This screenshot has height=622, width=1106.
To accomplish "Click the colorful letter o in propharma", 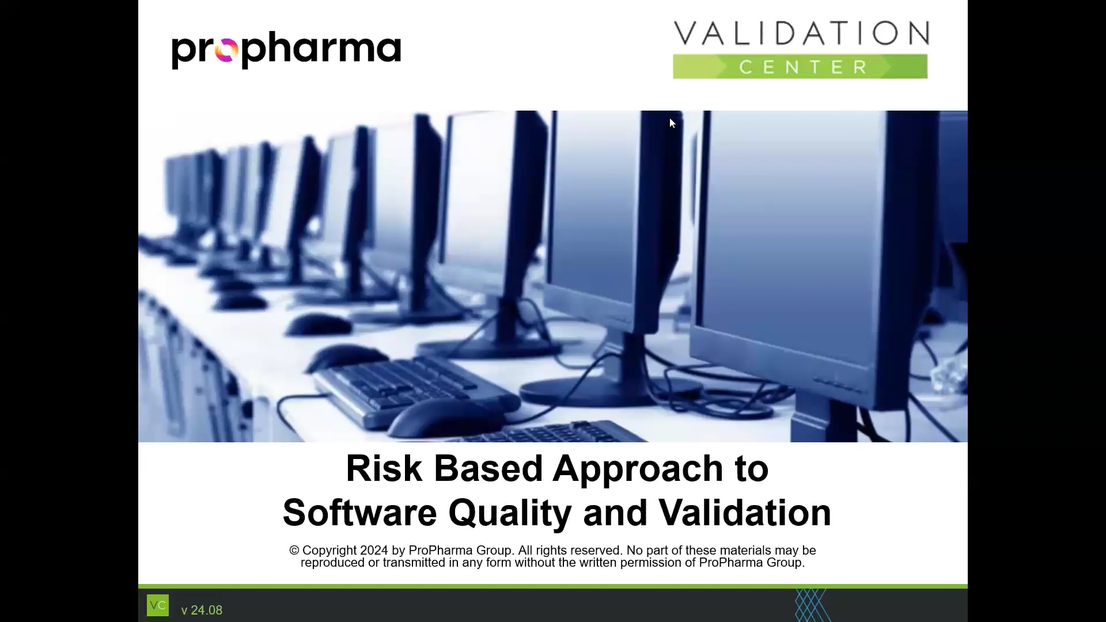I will tap(226, 52).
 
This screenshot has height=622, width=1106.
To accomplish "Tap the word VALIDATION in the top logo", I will tap(801, 33).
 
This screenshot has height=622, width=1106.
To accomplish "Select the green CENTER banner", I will tap(801, 67).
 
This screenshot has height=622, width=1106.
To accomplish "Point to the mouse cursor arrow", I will tap(672, 123).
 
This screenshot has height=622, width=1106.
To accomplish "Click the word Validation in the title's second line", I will tap(745, 513).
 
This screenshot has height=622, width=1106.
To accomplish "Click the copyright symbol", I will tap(294, 551).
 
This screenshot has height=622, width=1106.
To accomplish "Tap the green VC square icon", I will tap(158, 605).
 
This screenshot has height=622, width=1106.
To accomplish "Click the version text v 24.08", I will tap(202, 610).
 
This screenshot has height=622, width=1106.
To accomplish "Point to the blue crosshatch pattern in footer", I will tap(811, 605).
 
